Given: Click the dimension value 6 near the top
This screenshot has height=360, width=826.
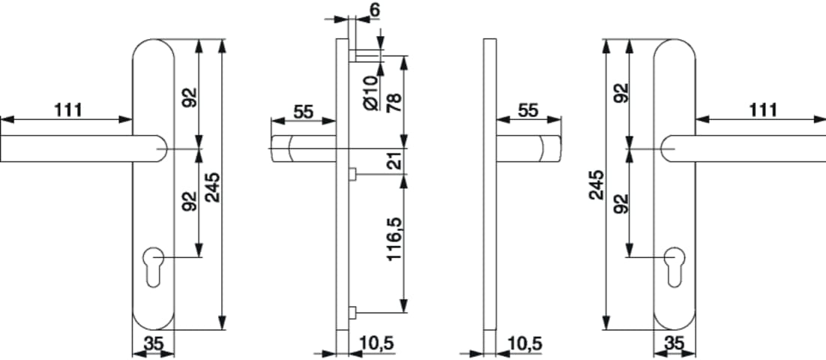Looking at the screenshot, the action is point(375,10).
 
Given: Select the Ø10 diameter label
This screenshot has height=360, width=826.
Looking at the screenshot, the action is point(372,93).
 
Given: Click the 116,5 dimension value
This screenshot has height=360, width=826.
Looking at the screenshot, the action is point(395,240).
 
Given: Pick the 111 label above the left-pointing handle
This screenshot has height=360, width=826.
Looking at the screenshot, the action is point(68,110).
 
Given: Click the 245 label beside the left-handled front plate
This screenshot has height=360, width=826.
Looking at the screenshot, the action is point(212,187).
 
